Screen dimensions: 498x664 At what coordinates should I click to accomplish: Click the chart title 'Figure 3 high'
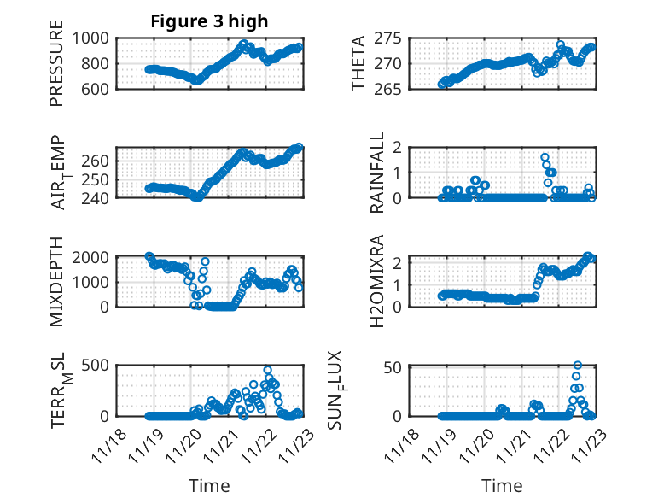pyautogui.click(x=209, y=21)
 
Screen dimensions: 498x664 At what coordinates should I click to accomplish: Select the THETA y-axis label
pyautogui.click(x=358, y=64)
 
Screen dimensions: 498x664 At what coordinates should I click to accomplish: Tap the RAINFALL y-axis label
pyautogui.click(x=377, y=173)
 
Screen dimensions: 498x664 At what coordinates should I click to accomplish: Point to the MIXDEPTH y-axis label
pyautogui.click(x=57, y=282)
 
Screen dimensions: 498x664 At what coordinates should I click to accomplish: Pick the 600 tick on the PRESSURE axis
pyautogui.click(x=96, y=89)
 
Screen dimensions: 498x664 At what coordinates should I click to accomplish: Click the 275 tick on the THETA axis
pyautogui.click(x=389, y=38)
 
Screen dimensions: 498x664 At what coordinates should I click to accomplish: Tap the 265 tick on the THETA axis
pyautogui.click(x=389, y=89)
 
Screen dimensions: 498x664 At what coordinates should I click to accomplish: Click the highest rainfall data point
pyautogui.click(x=545, y=157)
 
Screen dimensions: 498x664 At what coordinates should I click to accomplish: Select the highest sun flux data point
pyautogui.click(x=578, y=366)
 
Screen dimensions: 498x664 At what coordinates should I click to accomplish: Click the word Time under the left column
pyautogui.click(x=209, y=486)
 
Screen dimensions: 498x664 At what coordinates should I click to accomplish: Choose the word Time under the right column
pyautogui.click(x=502, y=486)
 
